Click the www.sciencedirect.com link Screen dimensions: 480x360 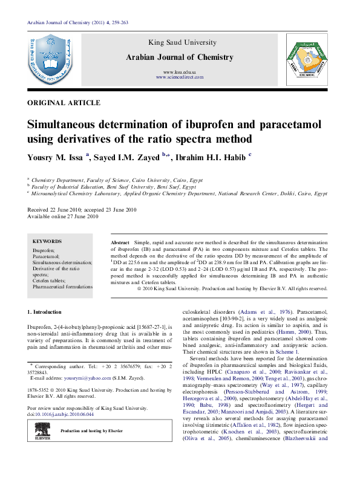pos(179,77)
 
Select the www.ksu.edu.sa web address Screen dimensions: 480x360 pos(179,72)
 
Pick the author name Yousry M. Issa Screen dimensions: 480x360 pos(56,158)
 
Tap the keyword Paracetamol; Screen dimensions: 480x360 pos(47,256)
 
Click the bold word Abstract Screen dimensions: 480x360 pos(120,241)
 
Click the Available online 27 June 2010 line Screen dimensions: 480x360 pos(63,216)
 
